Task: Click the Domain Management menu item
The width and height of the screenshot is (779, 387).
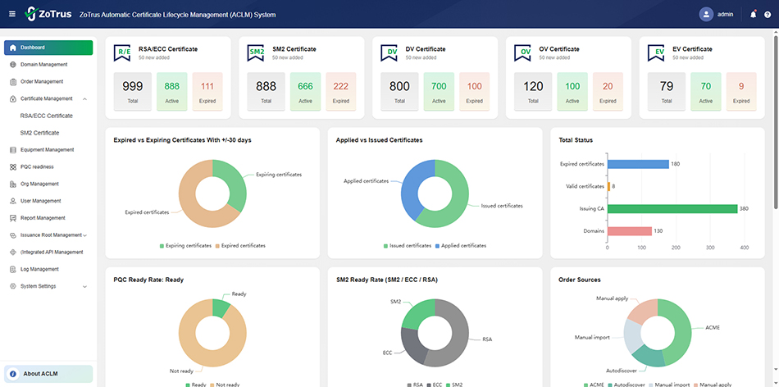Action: (43, 65)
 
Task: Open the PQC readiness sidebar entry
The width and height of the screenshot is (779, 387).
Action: (38, 167)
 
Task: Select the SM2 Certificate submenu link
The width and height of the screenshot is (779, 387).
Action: (39, 133)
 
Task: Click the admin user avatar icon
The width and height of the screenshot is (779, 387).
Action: (706, 14)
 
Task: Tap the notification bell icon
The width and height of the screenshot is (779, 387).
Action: (753, 14)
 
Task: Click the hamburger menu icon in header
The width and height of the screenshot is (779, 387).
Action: (11, 15)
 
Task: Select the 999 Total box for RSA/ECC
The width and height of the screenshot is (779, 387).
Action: (133, 90)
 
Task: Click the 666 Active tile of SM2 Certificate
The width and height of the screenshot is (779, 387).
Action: (305, 90)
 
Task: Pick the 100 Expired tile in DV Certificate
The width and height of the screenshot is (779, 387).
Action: (474, 90)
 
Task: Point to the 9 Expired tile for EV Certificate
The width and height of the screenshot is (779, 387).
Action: (741, 90)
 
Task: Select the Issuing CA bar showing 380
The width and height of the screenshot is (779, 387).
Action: (672, 208)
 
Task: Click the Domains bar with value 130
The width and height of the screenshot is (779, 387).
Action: (629, 231)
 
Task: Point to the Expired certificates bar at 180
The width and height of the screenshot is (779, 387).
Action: (638, 164)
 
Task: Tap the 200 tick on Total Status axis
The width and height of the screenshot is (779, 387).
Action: (676, 248)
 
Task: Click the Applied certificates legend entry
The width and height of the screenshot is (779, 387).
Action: (463, 245)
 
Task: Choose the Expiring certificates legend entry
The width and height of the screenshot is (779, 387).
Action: (185, 245)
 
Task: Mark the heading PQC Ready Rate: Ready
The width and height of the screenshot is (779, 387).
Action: (148, 280)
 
